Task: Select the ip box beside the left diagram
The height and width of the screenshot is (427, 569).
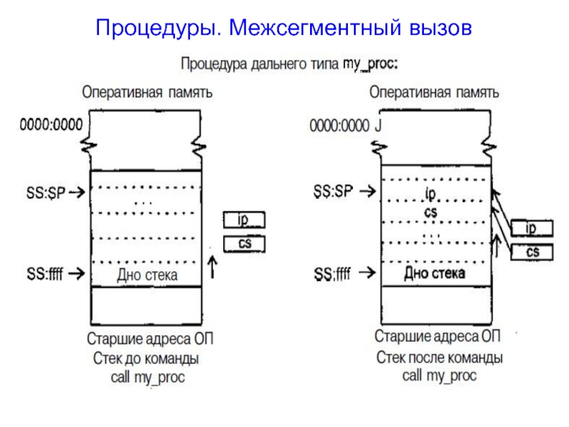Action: tap(245, 220)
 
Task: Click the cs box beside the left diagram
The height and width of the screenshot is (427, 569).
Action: tap(245, 244)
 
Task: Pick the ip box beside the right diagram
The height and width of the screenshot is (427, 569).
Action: tap(531, 228)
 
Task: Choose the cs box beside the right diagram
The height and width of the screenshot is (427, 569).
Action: tap(531, 252)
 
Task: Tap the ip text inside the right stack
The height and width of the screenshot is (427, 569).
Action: tap(430, 194)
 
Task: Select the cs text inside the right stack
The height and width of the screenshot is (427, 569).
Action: tap(430, 211)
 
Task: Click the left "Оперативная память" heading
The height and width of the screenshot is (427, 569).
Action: tap(147, 93)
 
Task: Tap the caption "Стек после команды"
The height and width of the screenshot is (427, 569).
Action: tap(440, 357)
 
